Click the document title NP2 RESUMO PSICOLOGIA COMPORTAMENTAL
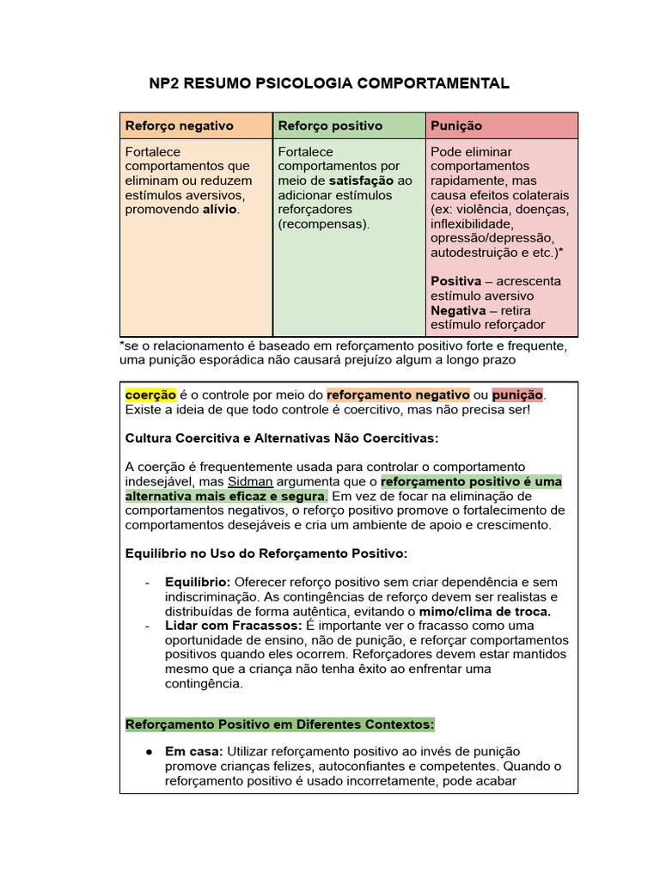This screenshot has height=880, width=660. [x=330, y=83]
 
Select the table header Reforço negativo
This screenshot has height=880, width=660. [x=179, y=125]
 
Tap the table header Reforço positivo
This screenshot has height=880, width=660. [x=330, y=125]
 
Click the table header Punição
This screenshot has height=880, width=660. [x=456, y=125]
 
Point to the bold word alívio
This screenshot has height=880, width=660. [x=219, y=209]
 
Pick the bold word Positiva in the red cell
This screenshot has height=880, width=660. [x=455, y=281]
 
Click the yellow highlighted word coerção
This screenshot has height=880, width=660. [x=150, y=394]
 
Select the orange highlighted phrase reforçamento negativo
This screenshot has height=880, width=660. [x=398, y=394]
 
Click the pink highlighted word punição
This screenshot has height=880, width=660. [x=517, y=394]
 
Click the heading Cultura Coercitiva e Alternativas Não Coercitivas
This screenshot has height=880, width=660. [x=282, y=438]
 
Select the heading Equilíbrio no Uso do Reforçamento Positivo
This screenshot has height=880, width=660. [x=266, y=553]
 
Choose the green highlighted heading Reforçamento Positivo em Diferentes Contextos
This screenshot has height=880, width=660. [x=280, y=724]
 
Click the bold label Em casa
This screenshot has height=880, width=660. [x=194, y=751]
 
